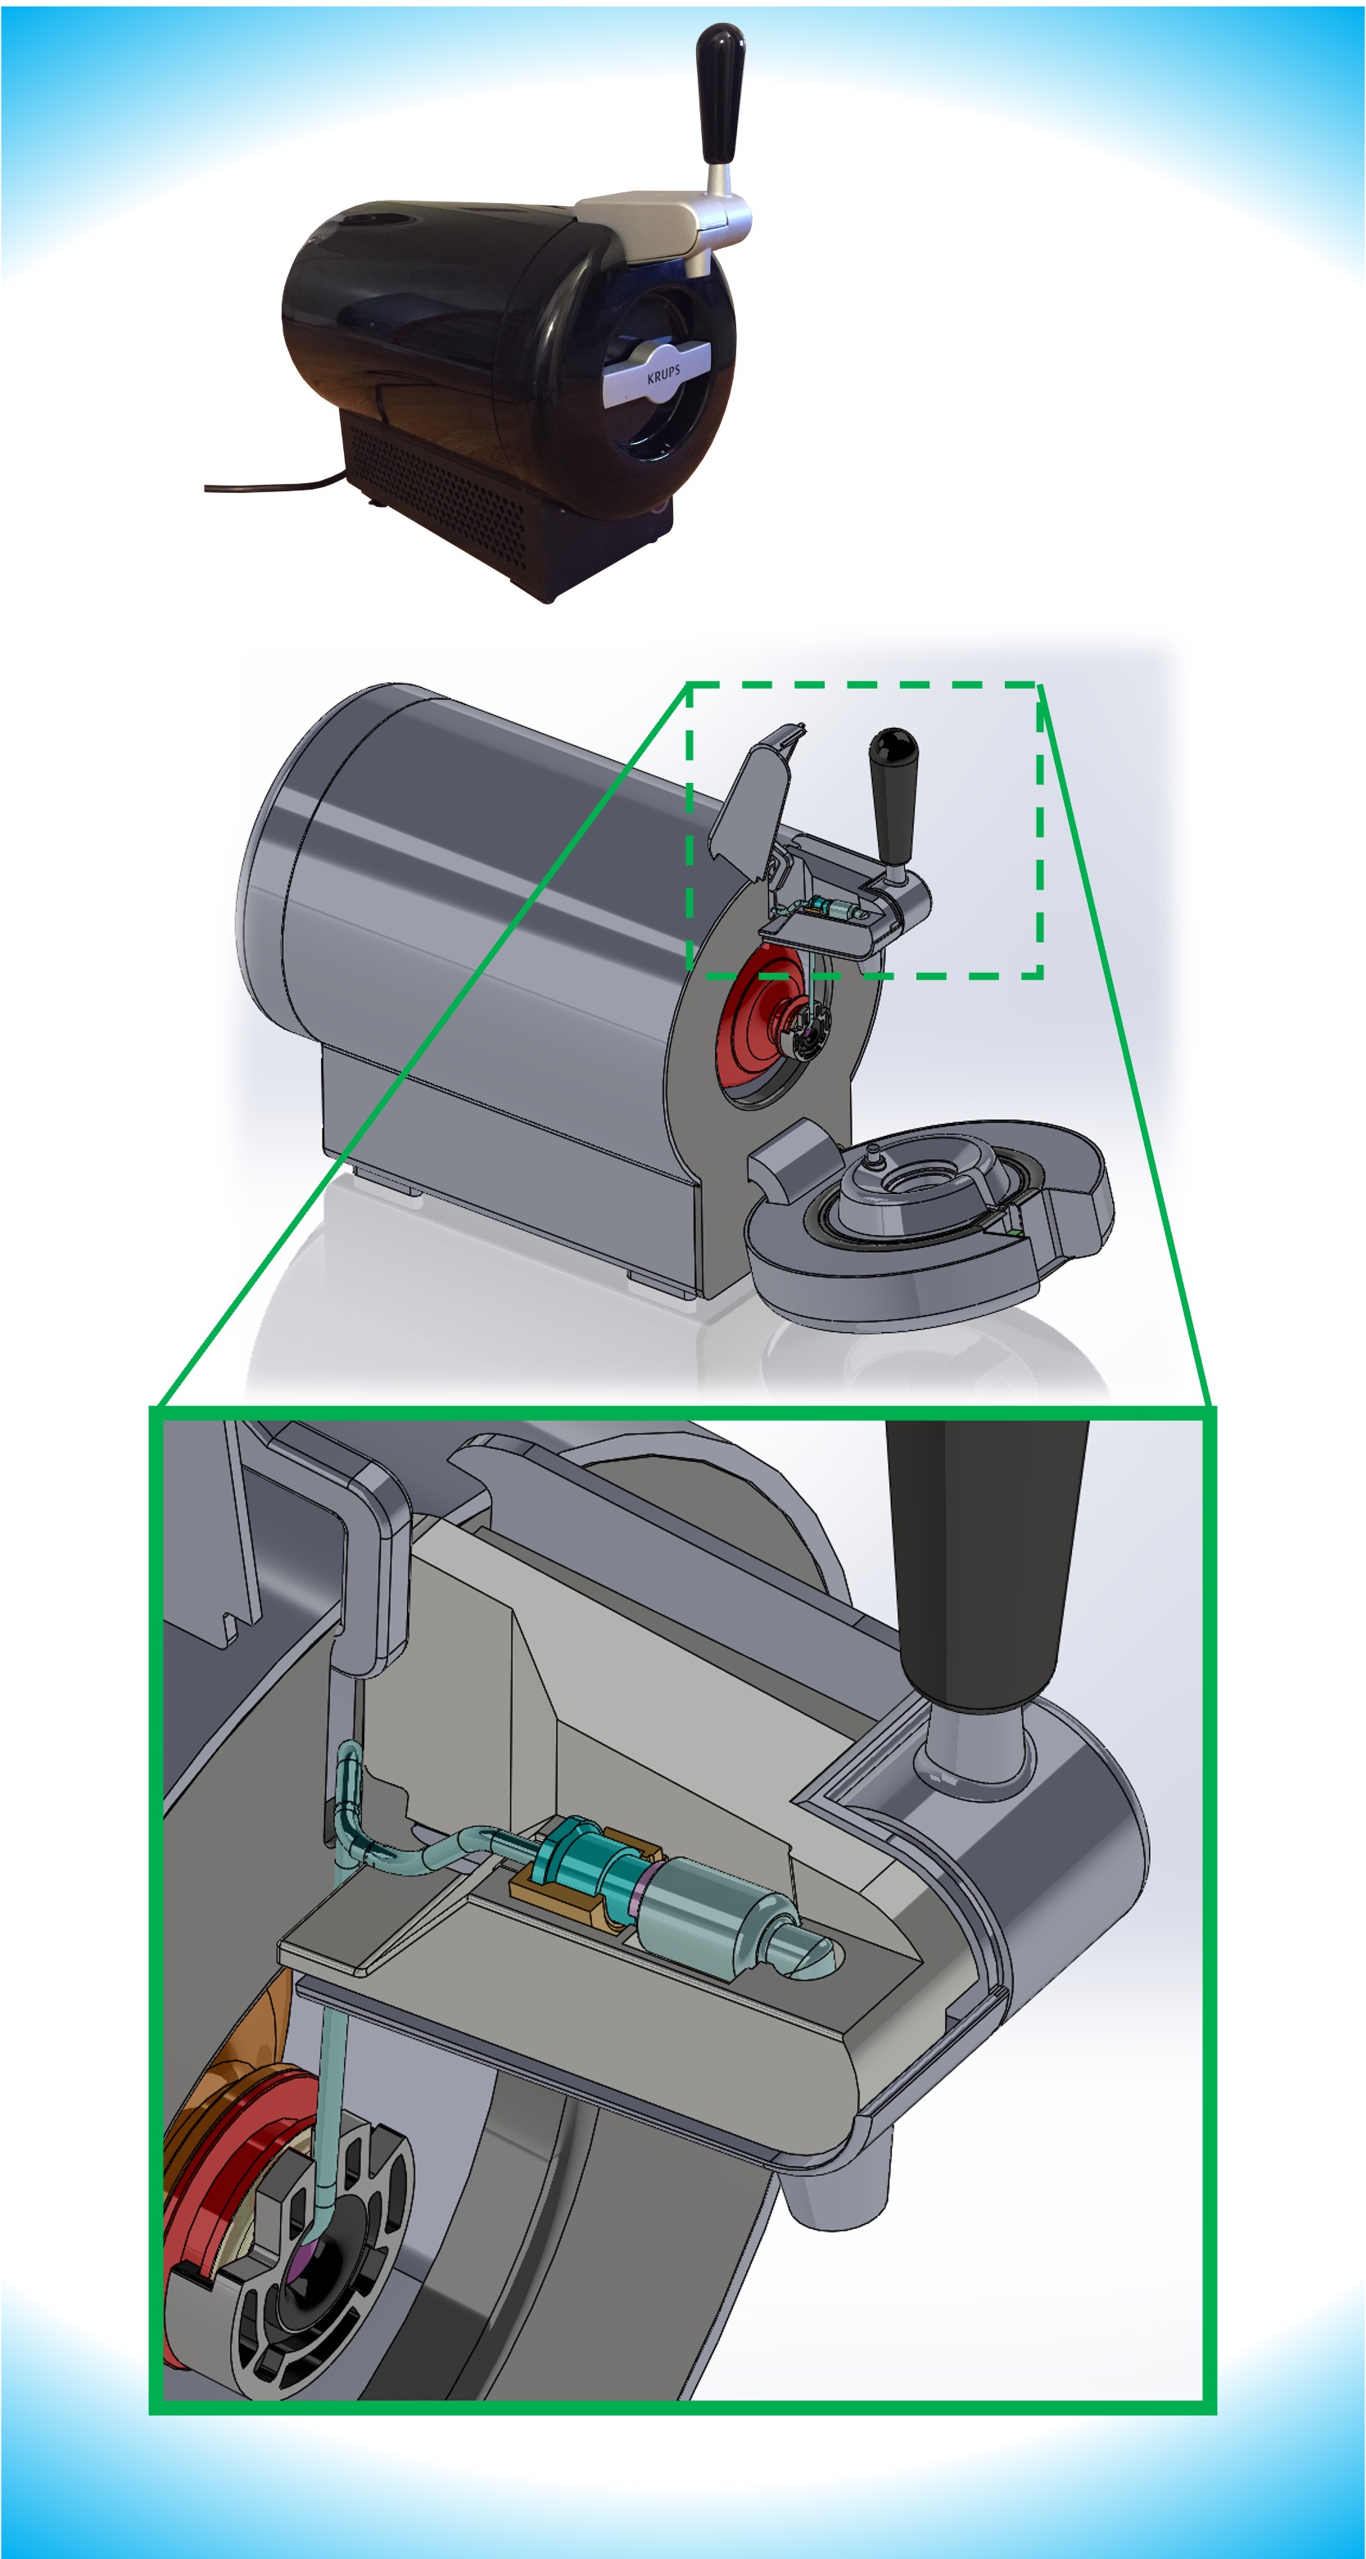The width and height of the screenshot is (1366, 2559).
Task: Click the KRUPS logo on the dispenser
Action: [663, 374]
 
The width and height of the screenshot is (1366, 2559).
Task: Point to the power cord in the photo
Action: [269, 486]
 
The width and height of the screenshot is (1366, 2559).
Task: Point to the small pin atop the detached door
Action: [873, 1152]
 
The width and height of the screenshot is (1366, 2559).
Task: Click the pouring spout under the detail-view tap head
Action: [835, 2186]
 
